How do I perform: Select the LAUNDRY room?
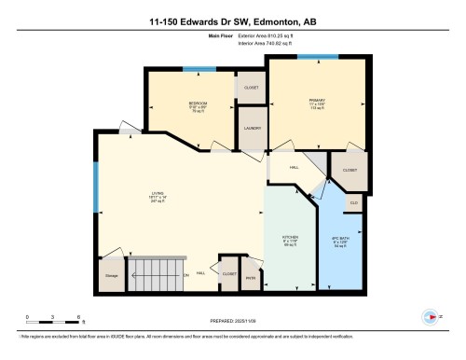point(251,129)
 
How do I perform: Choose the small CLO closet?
point(354,202)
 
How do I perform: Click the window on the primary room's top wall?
point(311,57)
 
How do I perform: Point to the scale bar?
point(54,320)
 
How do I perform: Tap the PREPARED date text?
point(233,319)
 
